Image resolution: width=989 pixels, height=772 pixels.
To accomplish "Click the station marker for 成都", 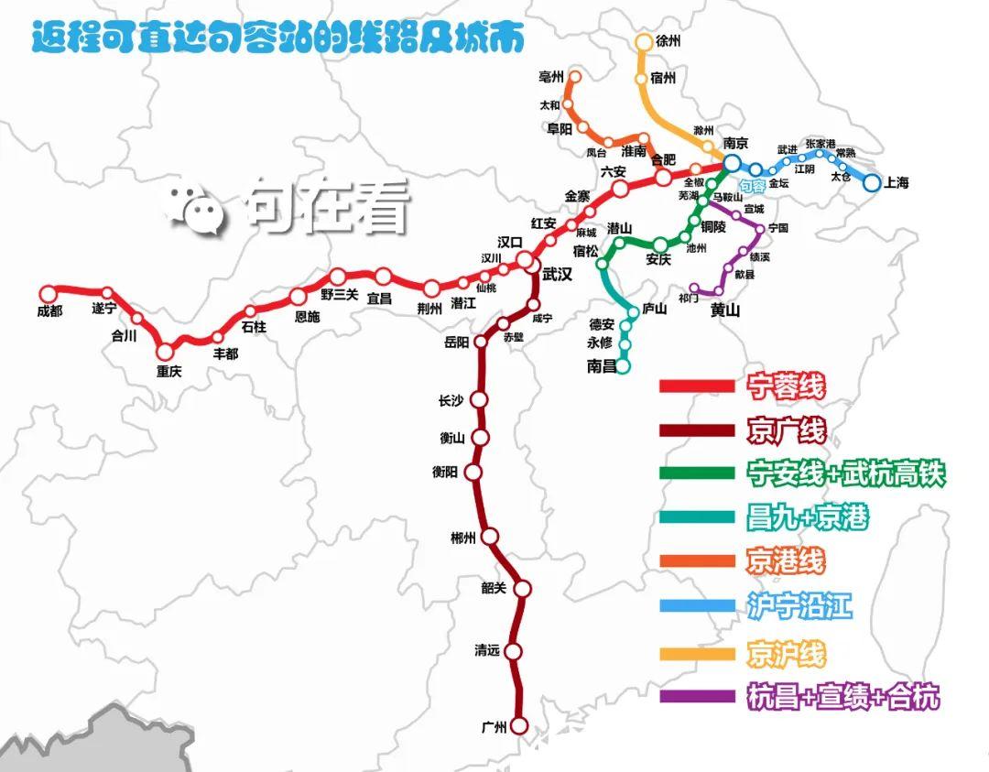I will coord(49,293).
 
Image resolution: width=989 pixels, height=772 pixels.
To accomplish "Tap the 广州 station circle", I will coord(519,726).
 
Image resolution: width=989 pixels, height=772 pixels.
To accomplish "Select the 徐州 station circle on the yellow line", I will coord(643,42).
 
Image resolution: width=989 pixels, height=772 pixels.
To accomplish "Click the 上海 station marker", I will coord(871,182).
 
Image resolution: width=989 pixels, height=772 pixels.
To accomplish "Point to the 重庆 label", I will coord(169,372).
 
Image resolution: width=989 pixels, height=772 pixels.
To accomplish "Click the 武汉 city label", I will coord(557,274).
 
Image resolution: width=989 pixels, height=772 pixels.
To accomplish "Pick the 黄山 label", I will coord(725,310).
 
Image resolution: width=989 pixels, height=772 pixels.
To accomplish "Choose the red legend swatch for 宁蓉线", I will coord(697,386).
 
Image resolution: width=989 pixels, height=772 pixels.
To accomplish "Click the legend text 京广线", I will coord(786,429).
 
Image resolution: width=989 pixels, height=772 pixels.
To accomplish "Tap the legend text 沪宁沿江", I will coord(799,606).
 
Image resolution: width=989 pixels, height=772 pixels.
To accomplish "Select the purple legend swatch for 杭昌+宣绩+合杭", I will coord(697,696).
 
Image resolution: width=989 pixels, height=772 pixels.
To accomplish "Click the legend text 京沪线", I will coord(786,653).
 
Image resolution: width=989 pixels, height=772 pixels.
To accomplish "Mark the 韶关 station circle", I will coord(523,588).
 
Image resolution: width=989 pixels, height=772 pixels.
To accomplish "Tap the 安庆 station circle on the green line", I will coord(660,244).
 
